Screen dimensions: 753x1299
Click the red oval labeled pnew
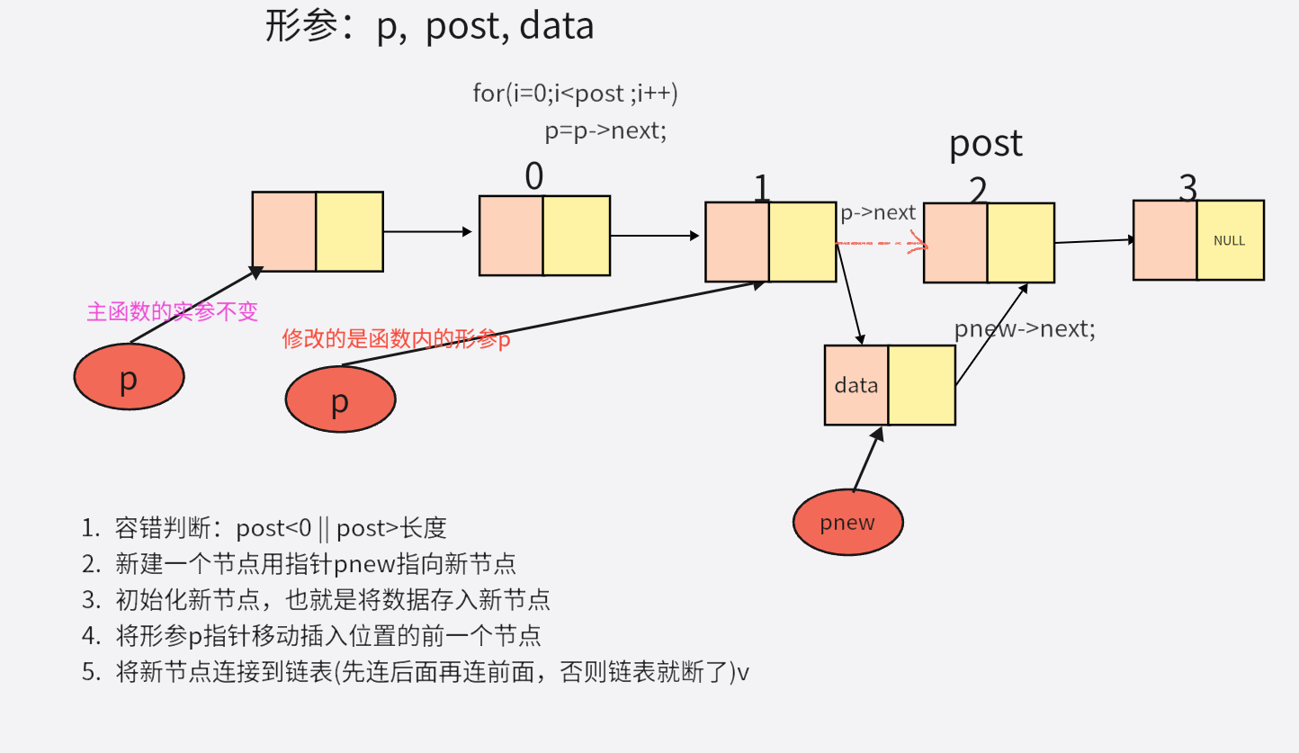(847, 522)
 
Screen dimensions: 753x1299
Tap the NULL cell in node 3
(1230, 240)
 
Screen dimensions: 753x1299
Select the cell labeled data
(856, 385)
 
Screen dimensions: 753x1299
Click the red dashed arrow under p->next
(881, 243)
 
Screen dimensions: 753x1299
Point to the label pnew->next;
(1025, 329)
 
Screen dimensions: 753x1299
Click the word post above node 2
(986, 144)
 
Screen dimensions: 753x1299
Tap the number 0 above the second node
(534, 177)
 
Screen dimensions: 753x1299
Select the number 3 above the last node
(1187, 189)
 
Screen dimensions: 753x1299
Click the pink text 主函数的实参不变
(172, 311)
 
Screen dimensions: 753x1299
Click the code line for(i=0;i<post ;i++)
(575, 93)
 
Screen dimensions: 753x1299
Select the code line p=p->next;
(605, 130)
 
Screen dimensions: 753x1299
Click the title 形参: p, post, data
(430, 26)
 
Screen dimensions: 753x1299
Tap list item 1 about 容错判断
(264, 528)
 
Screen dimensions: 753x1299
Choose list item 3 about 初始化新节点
(316, 599)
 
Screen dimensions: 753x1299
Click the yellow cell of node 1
(802, 241)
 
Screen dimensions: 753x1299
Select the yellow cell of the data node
(921, 385)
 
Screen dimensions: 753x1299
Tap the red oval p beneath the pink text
(129, 378)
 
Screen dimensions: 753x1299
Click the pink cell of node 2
(955, 243)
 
